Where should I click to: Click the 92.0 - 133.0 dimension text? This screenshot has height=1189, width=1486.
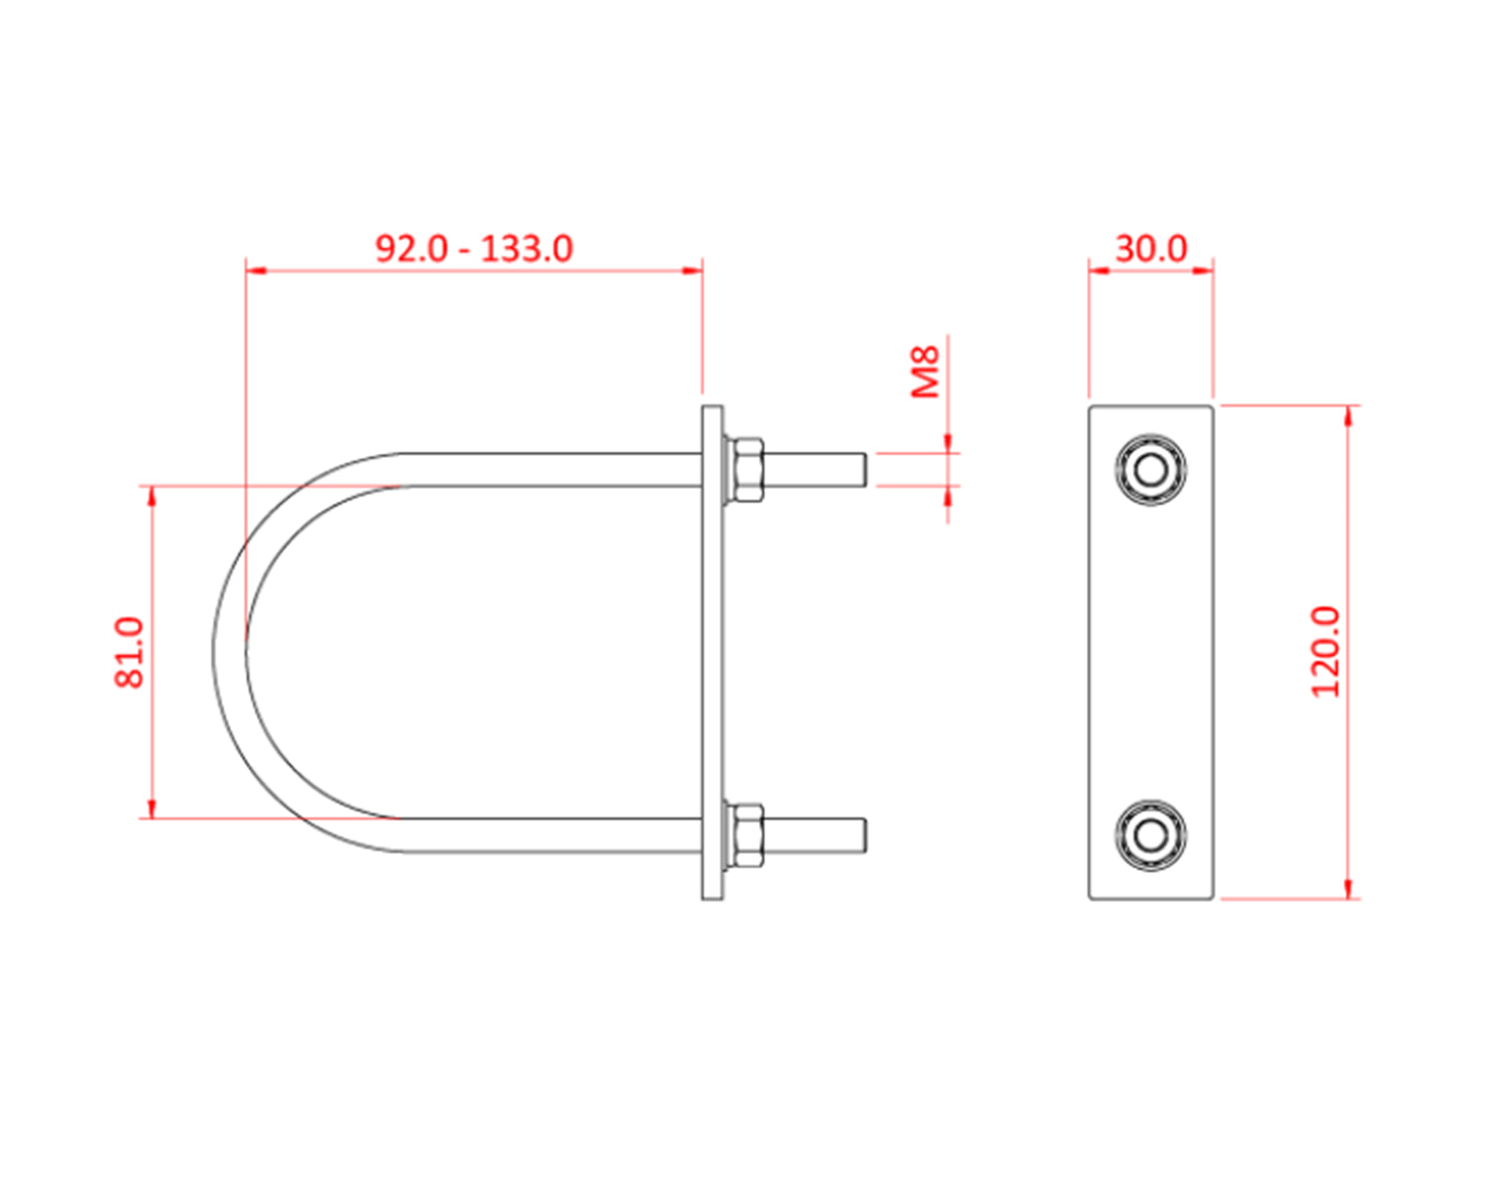coord(474,248)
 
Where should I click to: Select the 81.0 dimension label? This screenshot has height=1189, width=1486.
coord(130,651)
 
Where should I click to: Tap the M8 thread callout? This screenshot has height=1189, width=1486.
coord(925,372)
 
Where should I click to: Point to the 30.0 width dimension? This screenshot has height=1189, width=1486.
coord(1150,248)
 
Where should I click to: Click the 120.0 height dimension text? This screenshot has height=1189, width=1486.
coord(1326,651)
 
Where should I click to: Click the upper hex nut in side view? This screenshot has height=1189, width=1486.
coord(745,469)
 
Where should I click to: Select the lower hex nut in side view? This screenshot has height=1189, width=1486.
coord(745,835)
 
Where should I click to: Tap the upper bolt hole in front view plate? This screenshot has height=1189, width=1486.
coord(1150,469)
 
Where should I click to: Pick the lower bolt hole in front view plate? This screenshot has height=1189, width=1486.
coord(1150,835)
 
